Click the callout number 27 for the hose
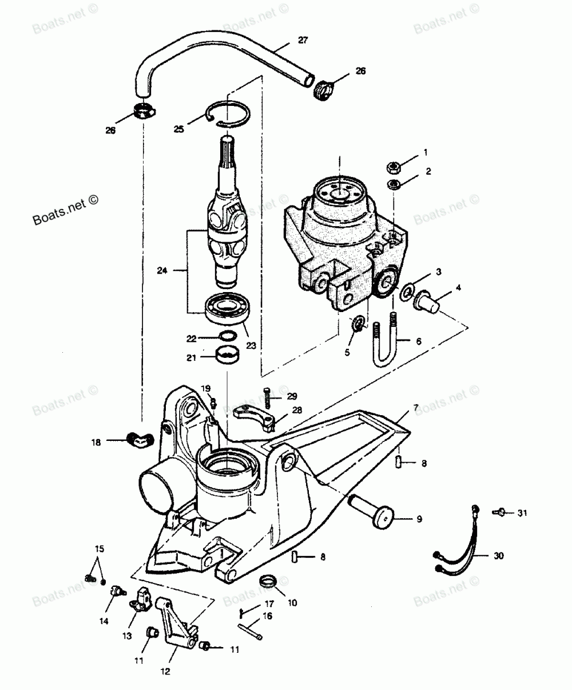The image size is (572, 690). click(x=303, y=40)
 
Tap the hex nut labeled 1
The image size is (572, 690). click(x=392, y=168)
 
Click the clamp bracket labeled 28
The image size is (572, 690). click(x=255, y=416)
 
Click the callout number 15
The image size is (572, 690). click(x=100, y=549)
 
